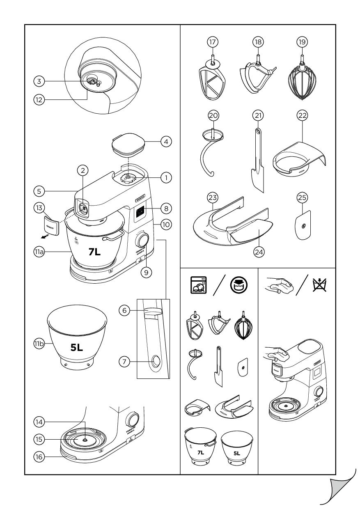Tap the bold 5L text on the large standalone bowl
tap(77, 348)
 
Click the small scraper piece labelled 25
tap(303, 223)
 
